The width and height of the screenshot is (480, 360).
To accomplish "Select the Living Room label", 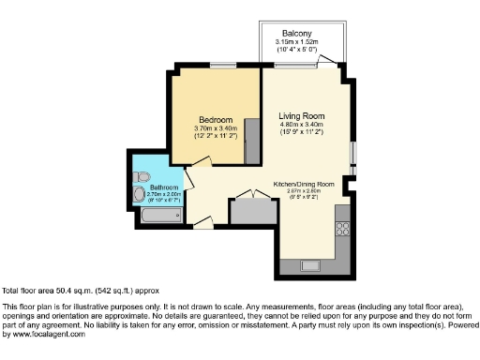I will (301, 115).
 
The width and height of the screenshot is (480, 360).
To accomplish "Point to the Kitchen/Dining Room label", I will (304, 183).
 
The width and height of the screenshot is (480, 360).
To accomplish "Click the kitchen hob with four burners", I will (342, 228).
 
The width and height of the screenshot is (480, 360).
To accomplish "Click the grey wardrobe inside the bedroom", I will (252, 138).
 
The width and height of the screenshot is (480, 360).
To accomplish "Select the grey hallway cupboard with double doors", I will (252, 209).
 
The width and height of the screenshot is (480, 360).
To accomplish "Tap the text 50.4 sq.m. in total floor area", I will (69, 291).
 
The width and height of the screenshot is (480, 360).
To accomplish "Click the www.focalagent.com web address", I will (44, 334).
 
